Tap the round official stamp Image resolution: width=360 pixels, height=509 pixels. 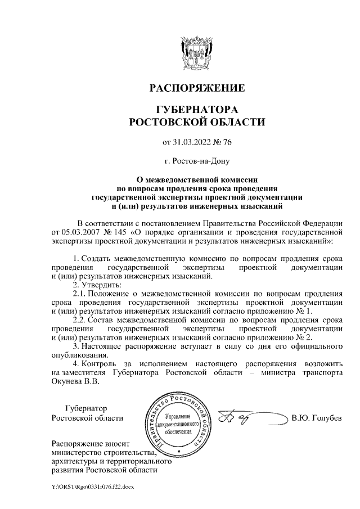[x=178, y=423]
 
